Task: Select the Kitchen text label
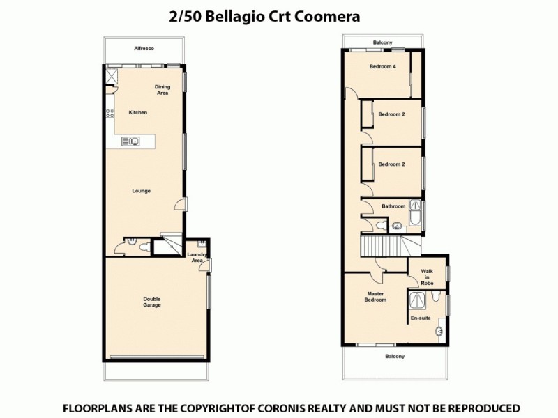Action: (x=137, y=112)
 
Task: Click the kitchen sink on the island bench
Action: (x=130, y=141)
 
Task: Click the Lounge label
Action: (x=142, y=190)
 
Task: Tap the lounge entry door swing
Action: (x=181, y=204)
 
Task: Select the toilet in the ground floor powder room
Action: (x=142, y=245)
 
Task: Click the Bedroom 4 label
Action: (x=382, y=67)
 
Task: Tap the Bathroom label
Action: (x=393, y=206)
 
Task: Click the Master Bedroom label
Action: (x=376, y=296)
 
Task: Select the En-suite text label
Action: (x=421, y=318)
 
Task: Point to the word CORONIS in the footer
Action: (x=321, y=408)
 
